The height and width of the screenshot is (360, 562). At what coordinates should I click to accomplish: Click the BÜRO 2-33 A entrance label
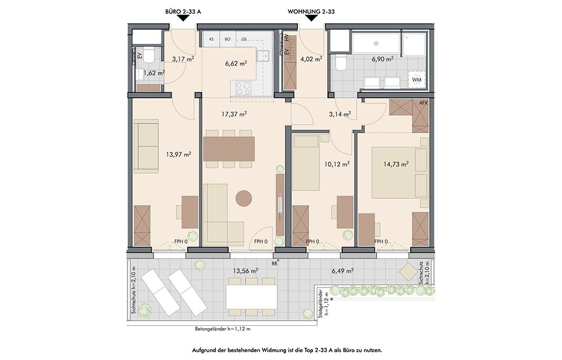[x=183, y=11]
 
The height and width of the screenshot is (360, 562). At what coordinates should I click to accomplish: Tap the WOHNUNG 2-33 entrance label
[x=311, y=11]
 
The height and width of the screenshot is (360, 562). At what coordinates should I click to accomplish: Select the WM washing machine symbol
[x=416, y=80]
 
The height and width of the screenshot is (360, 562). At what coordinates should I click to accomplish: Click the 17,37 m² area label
[x=234, y=114]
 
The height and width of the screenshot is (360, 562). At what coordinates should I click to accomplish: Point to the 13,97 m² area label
[x=178, y=154]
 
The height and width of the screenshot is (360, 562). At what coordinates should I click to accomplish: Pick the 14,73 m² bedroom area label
[x=396, y=164]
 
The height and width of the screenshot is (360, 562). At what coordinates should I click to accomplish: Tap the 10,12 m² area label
[x=337, y=164]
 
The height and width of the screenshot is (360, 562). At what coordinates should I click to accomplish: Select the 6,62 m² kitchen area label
[x=236, y=63]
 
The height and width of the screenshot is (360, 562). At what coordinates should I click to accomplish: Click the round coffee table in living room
[x=244, y=198]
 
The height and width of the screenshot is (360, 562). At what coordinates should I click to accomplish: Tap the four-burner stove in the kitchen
[x=243, y=87]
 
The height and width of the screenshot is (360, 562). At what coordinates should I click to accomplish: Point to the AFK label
[x=424, y=103]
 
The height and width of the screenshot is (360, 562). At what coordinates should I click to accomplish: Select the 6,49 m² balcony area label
[x=342, y=271]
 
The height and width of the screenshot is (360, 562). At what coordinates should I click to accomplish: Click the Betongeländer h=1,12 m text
[x=223, y=329]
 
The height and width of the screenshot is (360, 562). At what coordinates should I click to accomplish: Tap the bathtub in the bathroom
[x=376, y=44]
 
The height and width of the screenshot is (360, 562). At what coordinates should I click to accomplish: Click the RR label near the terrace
[x=275, y=264]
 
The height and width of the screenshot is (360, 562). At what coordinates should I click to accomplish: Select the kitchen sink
[x=265, y=55]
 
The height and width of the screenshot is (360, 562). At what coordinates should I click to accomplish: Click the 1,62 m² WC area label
[x=154, y=73]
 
